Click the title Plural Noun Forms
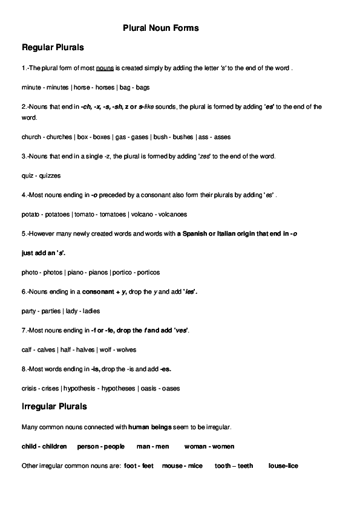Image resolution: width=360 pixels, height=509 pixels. pos(161,28)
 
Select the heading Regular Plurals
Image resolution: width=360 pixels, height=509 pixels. pos(53,47)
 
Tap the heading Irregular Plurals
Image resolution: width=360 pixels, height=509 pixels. pos(54,407)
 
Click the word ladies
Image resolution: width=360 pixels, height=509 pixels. pos(90,311)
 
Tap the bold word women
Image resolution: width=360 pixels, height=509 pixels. pos(223,447)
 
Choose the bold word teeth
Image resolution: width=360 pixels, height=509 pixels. pos(245,466)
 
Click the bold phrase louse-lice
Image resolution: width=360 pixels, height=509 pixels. pos(283,466)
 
